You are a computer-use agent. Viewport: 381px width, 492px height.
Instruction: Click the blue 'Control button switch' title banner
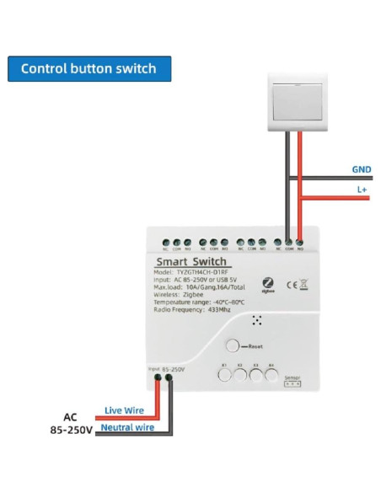(89, 68)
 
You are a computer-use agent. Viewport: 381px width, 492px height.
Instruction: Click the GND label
(361, 168)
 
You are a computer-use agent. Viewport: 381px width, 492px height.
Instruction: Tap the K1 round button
(225, 375)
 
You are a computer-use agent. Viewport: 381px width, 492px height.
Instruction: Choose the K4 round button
(271, 375)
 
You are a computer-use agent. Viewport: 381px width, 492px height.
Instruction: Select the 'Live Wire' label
(123, 410)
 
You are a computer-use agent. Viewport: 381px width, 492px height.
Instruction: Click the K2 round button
(240, 375)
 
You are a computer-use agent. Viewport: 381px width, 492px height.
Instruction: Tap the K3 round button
(255, 375)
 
